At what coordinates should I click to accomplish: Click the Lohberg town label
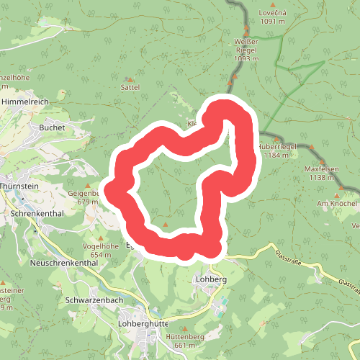(x=211, y=279)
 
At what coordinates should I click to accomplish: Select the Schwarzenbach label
(x=94, y=300)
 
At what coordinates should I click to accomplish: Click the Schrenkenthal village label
(x=37, y=214)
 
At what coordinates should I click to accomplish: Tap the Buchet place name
(x=53, y=127)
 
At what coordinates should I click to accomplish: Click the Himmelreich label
(x=24, y=103)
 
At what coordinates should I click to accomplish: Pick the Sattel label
(x=130, y=87)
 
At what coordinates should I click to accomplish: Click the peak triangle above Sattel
(x=130, y=79)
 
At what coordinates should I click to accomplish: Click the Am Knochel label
(x=337, y=204)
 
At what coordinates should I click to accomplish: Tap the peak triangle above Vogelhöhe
(x=101, y=238)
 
